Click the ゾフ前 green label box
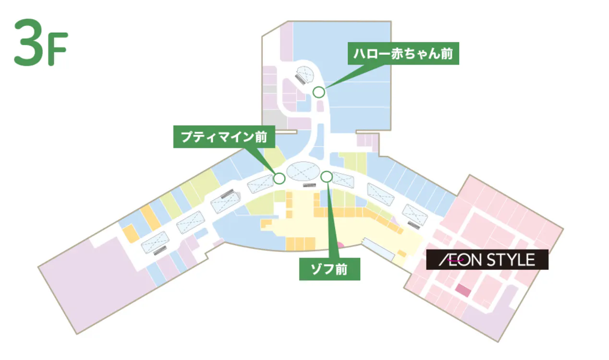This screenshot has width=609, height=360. [329, 270]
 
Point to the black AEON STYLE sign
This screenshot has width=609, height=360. [487, 260]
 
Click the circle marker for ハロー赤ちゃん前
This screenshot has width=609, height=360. [318, 92]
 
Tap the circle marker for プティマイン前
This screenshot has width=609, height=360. [279, 178]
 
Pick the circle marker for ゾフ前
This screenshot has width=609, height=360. [326, 177]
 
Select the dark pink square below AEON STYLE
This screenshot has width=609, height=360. [463, 290]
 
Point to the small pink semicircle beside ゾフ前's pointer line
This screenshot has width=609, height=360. [339, 245]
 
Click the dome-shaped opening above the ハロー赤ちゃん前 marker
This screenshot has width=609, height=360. [305, 73]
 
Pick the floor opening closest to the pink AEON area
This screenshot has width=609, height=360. [415, 215]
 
